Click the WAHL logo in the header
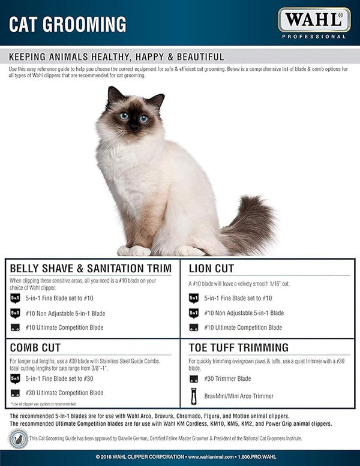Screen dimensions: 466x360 pos(314,20)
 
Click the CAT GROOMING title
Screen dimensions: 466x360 pos(67,25)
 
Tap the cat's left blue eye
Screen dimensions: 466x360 pos(124,116)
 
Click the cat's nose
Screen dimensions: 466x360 pos(133,126)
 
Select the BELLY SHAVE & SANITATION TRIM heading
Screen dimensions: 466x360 pos(91,268)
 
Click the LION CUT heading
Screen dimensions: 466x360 pos(211,268)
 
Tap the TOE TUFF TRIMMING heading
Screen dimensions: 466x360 pos(238,347)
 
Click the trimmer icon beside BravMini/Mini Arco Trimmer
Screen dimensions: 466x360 pos(194,396)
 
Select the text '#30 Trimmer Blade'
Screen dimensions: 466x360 pos(227,378)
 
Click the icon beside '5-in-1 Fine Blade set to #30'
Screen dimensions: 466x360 pos(15,378)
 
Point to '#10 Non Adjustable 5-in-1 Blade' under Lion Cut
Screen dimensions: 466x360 pos(244,313)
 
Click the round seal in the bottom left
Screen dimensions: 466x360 pos(18,438)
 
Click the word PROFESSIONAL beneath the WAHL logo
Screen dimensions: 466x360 pos(314,37)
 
